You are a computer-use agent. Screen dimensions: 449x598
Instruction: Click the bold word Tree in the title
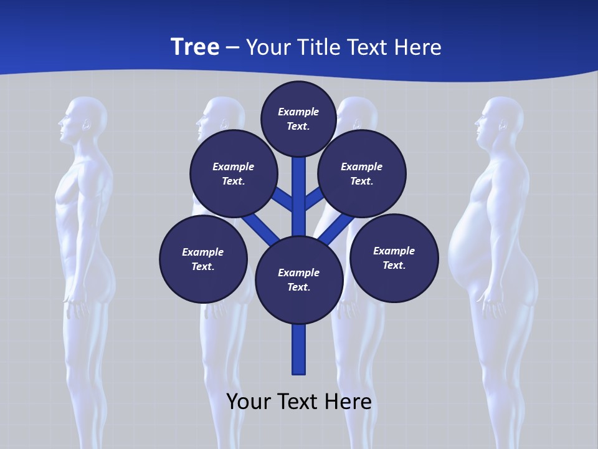[x=195, y=47]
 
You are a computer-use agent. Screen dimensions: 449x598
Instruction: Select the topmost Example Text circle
[x=298, y=118]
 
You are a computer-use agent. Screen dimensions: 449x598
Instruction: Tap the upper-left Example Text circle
[x=233, y=173]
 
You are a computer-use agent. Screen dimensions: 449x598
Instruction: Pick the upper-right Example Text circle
[x=362, y=173]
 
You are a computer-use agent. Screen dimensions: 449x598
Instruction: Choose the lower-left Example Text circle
[x=203, y=259]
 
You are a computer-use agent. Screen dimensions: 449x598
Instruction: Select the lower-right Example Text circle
[x=394, y=258]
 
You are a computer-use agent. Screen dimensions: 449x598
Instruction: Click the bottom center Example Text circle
[x=299, y=279]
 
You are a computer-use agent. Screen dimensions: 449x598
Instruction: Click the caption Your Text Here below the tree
[x=299, y=401]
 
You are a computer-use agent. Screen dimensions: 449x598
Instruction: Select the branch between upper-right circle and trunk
[x=313, y=198]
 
